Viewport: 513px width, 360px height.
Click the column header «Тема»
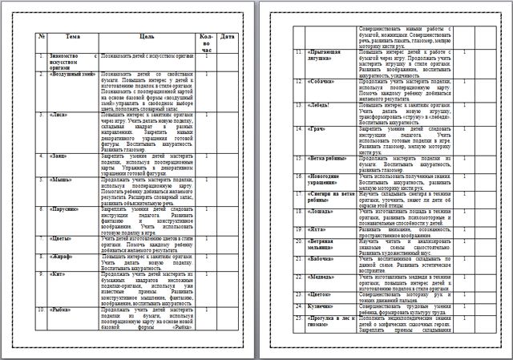pyautogui.click(x=73, y=38)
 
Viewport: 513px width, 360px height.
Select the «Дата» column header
pyautogui.click(x=228, y=38)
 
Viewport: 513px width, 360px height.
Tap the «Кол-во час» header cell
pyautogui.click(x=205, y=42)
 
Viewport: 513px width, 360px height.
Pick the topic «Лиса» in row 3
pyautogui.click(x=59, y=115)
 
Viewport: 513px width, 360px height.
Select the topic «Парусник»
pyautogui.click(x=67, y=208)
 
